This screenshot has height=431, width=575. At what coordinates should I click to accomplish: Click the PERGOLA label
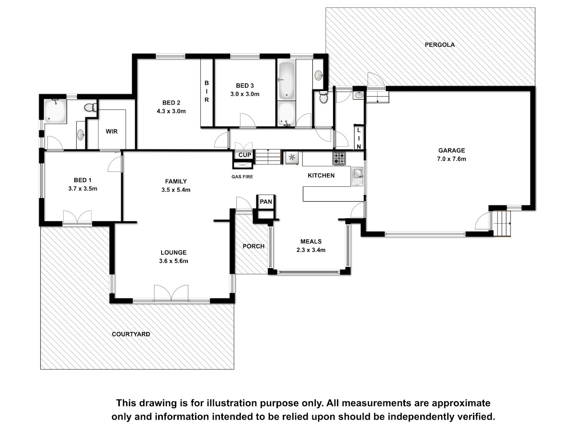pyautogui.click(x=439, y=45)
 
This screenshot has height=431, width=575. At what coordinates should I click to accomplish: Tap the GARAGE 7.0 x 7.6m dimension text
pyautogui.click(x=451, y=159)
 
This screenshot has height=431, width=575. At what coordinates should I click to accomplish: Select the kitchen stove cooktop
pyautogui.click(x=339, y=159)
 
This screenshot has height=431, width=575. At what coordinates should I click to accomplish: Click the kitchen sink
pyautogui.click(x=357, y=177)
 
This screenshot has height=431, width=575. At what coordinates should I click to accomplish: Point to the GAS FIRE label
pyautogui.click(x=242, y=177)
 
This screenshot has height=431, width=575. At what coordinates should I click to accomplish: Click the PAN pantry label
pyautogui.click(x=266, y=202)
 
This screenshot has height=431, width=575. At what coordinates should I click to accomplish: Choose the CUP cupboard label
pyautogui.click(x=245, y=155)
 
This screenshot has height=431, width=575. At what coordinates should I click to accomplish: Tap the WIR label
pyautogui.click(x=112, y=131)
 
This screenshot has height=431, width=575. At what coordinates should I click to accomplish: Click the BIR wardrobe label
pyautogui.click(x=207, y=91)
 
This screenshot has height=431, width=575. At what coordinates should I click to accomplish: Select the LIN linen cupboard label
pyautogui.click(x=359, y=138)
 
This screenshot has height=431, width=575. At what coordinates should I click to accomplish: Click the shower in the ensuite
pyautogui.click(x=55, y=111)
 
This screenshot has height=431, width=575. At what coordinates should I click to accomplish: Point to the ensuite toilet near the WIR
pyautogui.click(x=91, y=107)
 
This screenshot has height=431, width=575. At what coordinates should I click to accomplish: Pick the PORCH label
pyautogui.click(x=253, y=246)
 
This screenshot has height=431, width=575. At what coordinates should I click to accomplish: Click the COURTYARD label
pyautogui.click(x=131, y=334)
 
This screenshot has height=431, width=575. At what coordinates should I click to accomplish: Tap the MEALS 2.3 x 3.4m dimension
pyautogui.click(x=311, y=250)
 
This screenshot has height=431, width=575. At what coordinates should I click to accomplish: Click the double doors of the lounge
pyautogui.click(x=171, y=293)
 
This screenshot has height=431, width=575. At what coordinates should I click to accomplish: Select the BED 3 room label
pyautogui.click(x=245, y=86)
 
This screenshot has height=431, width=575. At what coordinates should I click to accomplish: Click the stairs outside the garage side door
pyautogui.click(x=502, y=224)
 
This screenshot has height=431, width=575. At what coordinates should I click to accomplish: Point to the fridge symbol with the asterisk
pyautogui.click(x=292, y=158)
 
